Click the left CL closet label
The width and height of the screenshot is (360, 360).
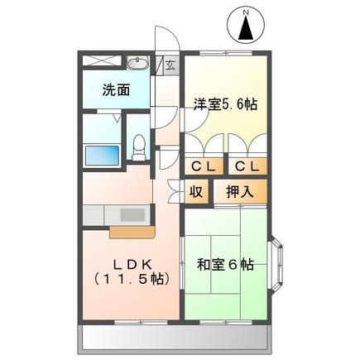pos(203,166)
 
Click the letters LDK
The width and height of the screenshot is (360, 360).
pos(132,262)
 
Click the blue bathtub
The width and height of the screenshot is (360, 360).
pos(103,155)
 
